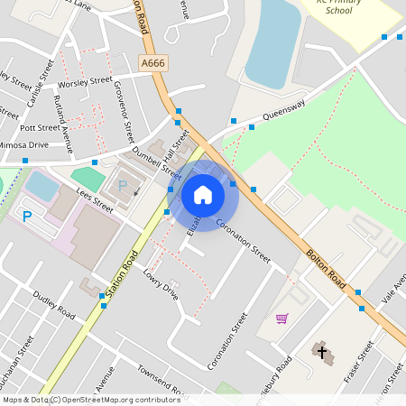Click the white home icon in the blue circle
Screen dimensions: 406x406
pyautogui.click(x=203, y=194)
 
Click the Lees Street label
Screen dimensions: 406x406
pyautogui.click(x=95, y=199)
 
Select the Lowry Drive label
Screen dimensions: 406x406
pyautogui.click(x=161, y=284)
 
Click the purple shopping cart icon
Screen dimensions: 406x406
pyautogui.click(x=281, y=318)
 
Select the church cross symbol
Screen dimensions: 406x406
pyautogui.click(x=322, y=350)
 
